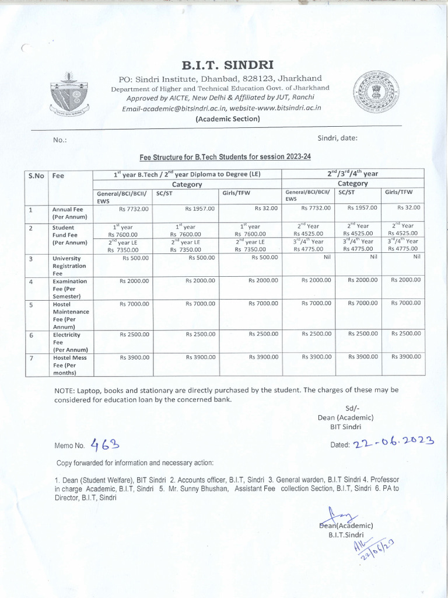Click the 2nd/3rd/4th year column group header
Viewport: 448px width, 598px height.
pyautogui.click(x=353, y=173)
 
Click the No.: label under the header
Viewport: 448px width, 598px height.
pyautogui.click(x=60, y=140)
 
